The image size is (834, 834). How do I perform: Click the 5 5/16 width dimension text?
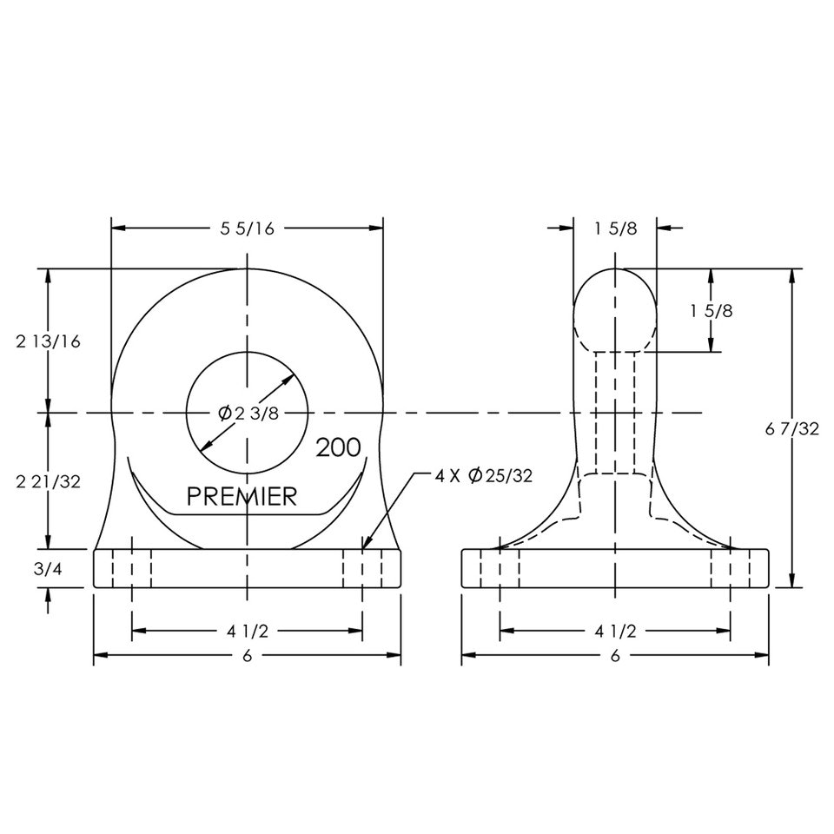click(x=247, y=228)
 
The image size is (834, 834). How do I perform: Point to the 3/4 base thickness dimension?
click(x=47, y=568)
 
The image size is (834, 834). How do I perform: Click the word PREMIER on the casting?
click(x=242, y=496)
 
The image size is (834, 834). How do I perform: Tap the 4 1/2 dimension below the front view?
click(x=247, y=632)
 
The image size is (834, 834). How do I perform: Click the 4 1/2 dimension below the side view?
click(x=615, y=632)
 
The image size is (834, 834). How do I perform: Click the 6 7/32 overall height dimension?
click(x=791, y=428)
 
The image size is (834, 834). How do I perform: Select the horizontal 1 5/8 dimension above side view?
click(x=615, y=228)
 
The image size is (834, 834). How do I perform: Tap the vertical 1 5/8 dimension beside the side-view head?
click(x=712, y=311)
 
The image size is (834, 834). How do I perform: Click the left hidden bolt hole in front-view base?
click(x=132, y=568)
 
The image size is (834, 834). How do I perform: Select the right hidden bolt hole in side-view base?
click(x=730, y=568)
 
